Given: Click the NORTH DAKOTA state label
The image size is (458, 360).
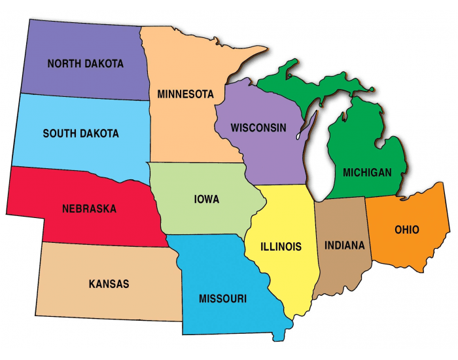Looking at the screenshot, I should pyautogui.click(x=85, y=63).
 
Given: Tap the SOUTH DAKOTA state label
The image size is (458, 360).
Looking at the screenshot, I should pyautogui.click(x=80, y=134).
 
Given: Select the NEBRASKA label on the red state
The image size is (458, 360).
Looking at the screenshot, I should pyautogui.click(x=89, y=209).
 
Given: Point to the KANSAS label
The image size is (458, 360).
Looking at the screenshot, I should pyautogui.click(x=109, y=284).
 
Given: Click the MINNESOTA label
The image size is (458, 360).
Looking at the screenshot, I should pyautogui.click(x=185, y=94).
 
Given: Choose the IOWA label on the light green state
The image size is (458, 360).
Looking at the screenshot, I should pyautogui.click(x=206, y=199).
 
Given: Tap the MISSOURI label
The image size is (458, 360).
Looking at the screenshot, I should pyautogui.click(x=222, y=299).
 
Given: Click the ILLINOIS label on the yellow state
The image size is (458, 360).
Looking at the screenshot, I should pyautogui.click(x=281, y=247).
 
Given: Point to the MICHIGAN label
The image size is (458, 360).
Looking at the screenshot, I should pyautogui.click(x=367, y=173).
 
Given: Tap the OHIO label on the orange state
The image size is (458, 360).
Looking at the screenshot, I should pyautogui.click(x=407, y=230).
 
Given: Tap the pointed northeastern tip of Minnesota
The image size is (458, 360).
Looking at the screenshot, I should pyautogui.click(x=262, y=49).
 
